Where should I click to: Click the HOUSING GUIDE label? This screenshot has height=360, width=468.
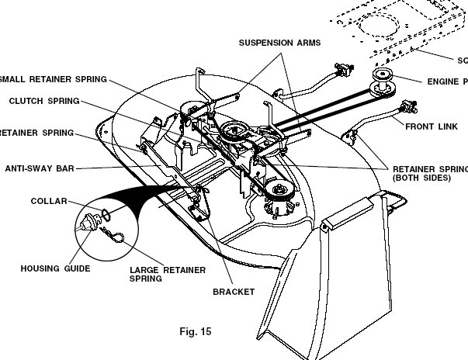tap(55, 268)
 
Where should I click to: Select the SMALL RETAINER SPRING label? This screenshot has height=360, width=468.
tap(54, 78)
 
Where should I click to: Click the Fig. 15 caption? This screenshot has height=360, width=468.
tap(194, 331)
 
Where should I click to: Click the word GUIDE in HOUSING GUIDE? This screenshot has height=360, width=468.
tap(75, 268)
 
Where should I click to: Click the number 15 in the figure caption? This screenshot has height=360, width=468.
tap(205, 331)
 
